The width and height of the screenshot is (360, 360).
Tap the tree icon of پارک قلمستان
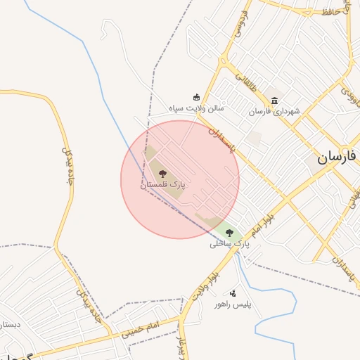click(x=162, y=173)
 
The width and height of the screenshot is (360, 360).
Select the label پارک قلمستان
click(x=162, y=185)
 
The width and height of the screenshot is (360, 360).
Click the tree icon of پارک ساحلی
click(x=229, y=233)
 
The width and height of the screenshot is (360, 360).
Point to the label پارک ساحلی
click(x=230, y=245)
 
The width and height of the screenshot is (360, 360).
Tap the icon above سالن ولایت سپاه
click(x=196, y=97)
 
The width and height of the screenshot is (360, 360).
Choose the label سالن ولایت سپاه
click(x=196, y=109)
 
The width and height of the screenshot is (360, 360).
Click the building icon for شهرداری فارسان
click(x=274, y=100)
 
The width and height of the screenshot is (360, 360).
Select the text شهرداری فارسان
click(x=274, y=112)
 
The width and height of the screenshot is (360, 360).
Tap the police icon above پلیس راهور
click(x=233, y=292)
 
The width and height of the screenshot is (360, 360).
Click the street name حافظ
click(x=331, y=12)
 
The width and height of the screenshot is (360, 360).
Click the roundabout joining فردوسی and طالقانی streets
click(x=226, y=61)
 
